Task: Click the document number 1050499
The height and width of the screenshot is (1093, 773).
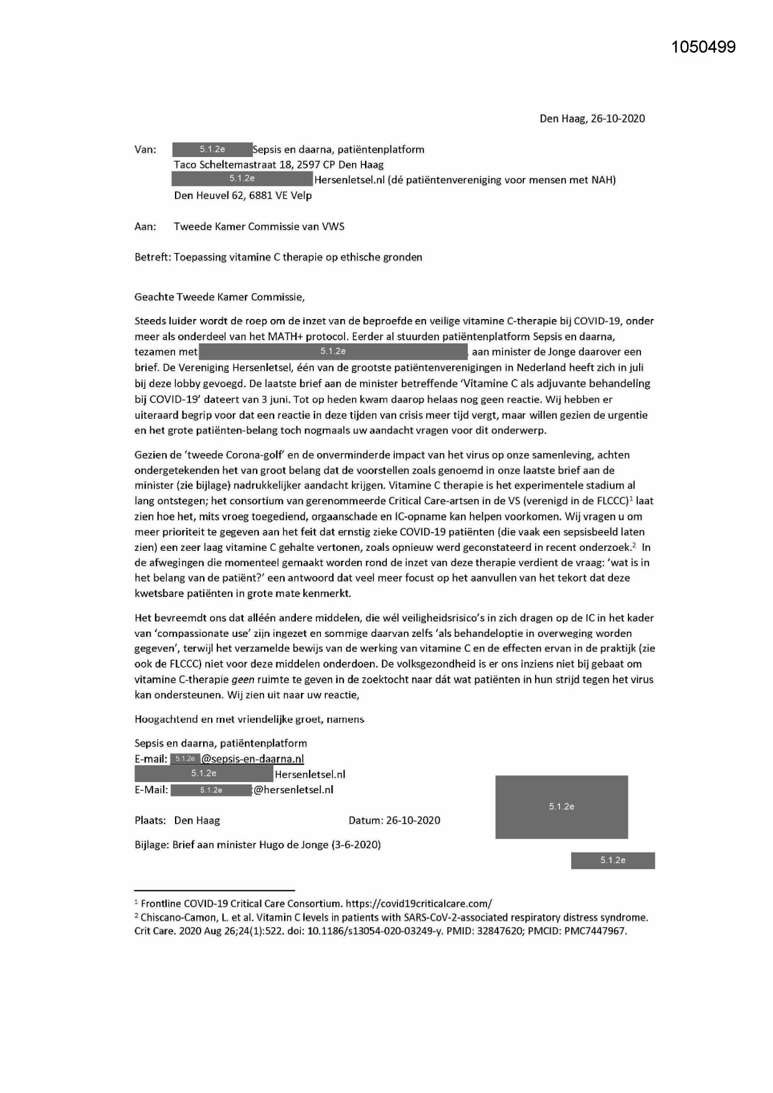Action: [x=703, y=47]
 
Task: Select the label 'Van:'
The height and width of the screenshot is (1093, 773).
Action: [x=145, y=150]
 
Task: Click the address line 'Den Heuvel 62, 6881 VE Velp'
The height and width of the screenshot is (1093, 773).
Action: [x=243, y=195]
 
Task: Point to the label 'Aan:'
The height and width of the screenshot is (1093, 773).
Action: [x=145, y=226]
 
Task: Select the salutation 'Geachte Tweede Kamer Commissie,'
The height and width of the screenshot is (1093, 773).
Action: [x=219, y=297]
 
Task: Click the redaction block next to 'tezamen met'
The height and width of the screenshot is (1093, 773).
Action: [x=333, y=351]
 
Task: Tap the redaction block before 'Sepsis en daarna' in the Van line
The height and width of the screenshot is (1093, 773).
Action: [x=212, y=150]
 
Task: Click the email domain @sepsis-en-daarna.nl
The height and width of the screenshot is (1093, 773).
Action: [x=252, y=758]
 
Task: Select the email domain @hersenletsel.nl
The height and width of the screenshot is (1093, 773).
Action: [x=293, y=790]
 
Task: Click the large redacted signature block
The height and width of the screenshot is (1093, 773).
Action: [x=561, y=806]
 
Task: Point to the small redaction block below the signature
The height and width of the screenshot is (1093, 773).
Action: [x=612, y=860]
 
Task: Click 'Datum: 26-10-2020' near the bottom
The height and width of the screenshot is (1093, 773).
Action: [x=394, y=820]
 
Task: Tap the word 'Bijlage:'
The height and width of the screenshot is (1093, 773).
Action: [x=152, y=844]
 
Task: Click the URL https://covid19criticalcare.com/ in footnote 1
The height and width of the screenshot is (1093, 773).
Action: [x=419, y=903]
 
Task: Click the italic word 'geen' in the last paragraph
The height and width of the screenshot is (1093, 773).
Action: [x=243, y=679]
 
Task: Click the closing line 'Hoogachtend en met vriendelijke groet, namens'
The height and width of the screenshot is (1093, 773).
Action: [x=249, y=719]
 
